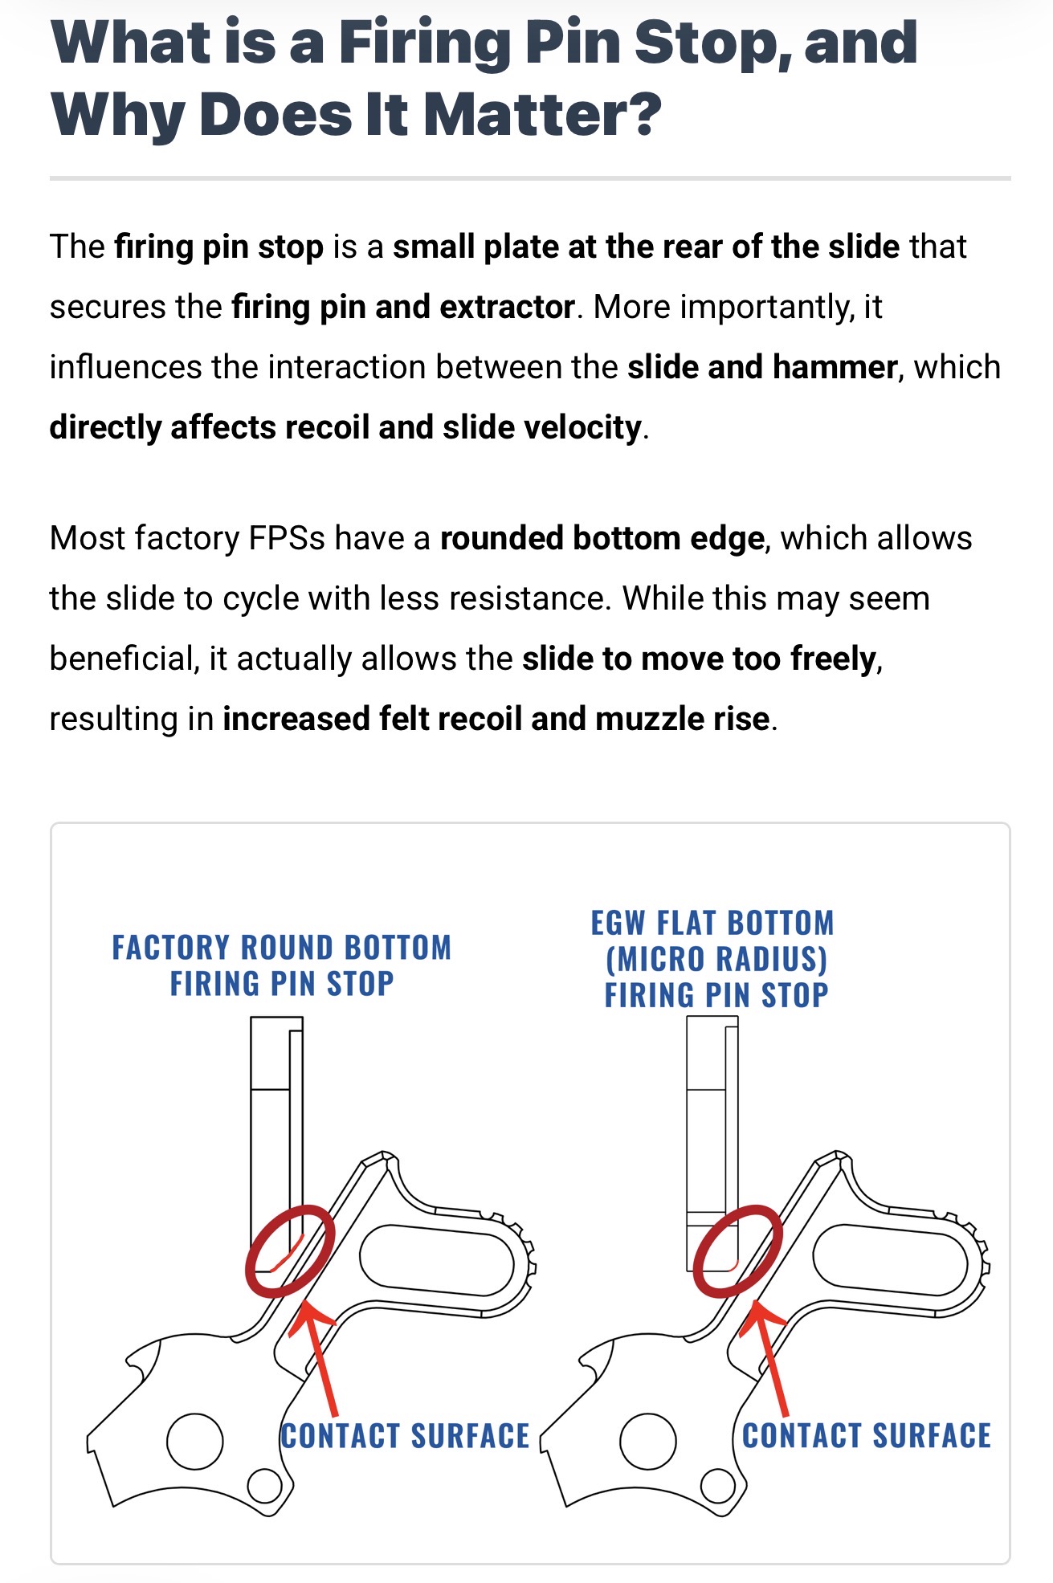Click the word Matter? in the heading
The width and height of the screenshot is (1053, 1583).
(x=542, y=114)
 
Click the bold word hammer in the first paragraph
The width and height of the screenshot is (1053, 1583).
(x=835, y=367)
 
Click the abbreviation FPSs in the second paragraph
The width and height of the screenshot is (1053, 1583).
(x=287, y=538)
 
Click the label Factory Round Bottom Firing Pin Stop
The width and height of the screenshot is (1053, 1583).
(x=282, y=965)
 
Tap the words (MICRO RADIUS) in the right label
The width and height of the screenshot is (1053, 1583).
(x=716, y=959)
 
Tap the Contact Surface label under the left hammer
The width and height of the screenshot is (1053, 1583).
(x=406, y=1437)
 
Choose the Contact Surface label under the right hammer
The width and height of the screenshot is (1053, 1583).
(x=867, y=1437)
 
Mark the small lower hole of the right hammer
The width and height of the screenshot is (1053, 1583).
(x=717, y=1486)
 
